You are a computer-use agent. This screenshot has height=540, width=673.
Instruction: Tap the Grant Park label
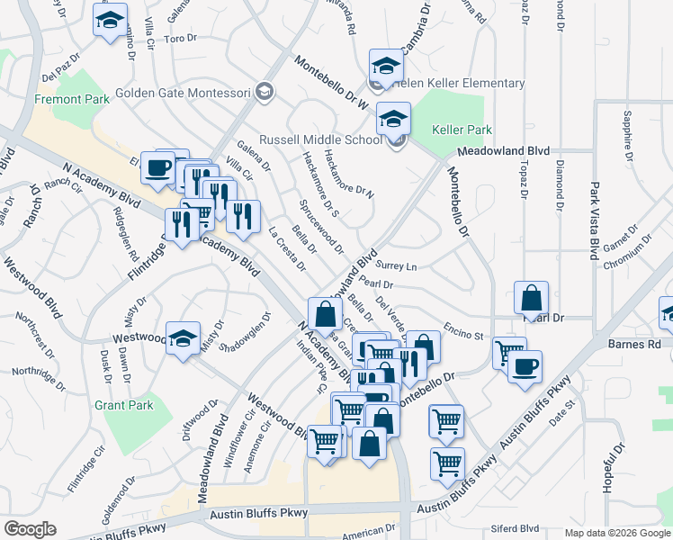click(124, 406)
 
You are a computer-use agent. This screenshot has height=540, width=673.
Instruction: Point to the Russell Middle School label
click(321, 140)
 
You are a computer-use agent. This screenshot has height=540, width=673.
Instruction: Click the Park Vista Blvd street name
click(594, 221)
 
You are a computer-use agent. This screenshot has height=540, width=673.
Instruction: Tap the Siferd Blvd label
click(515, 529)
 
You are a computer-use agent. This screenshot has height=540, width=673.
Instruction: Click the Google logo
click(30, 529)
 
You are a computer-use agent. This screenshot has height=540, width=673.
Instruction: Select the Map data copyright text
click(616, 533)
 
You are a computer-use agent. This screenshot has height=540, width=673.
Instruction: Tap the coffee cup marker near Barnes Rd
click(525, 367)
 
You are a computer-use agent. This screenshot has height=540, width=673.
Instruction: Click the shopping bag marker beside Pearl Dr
click(531, 298)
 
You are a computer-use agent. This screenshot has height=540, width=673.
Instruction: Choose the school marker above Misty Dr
click(183, 338)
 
